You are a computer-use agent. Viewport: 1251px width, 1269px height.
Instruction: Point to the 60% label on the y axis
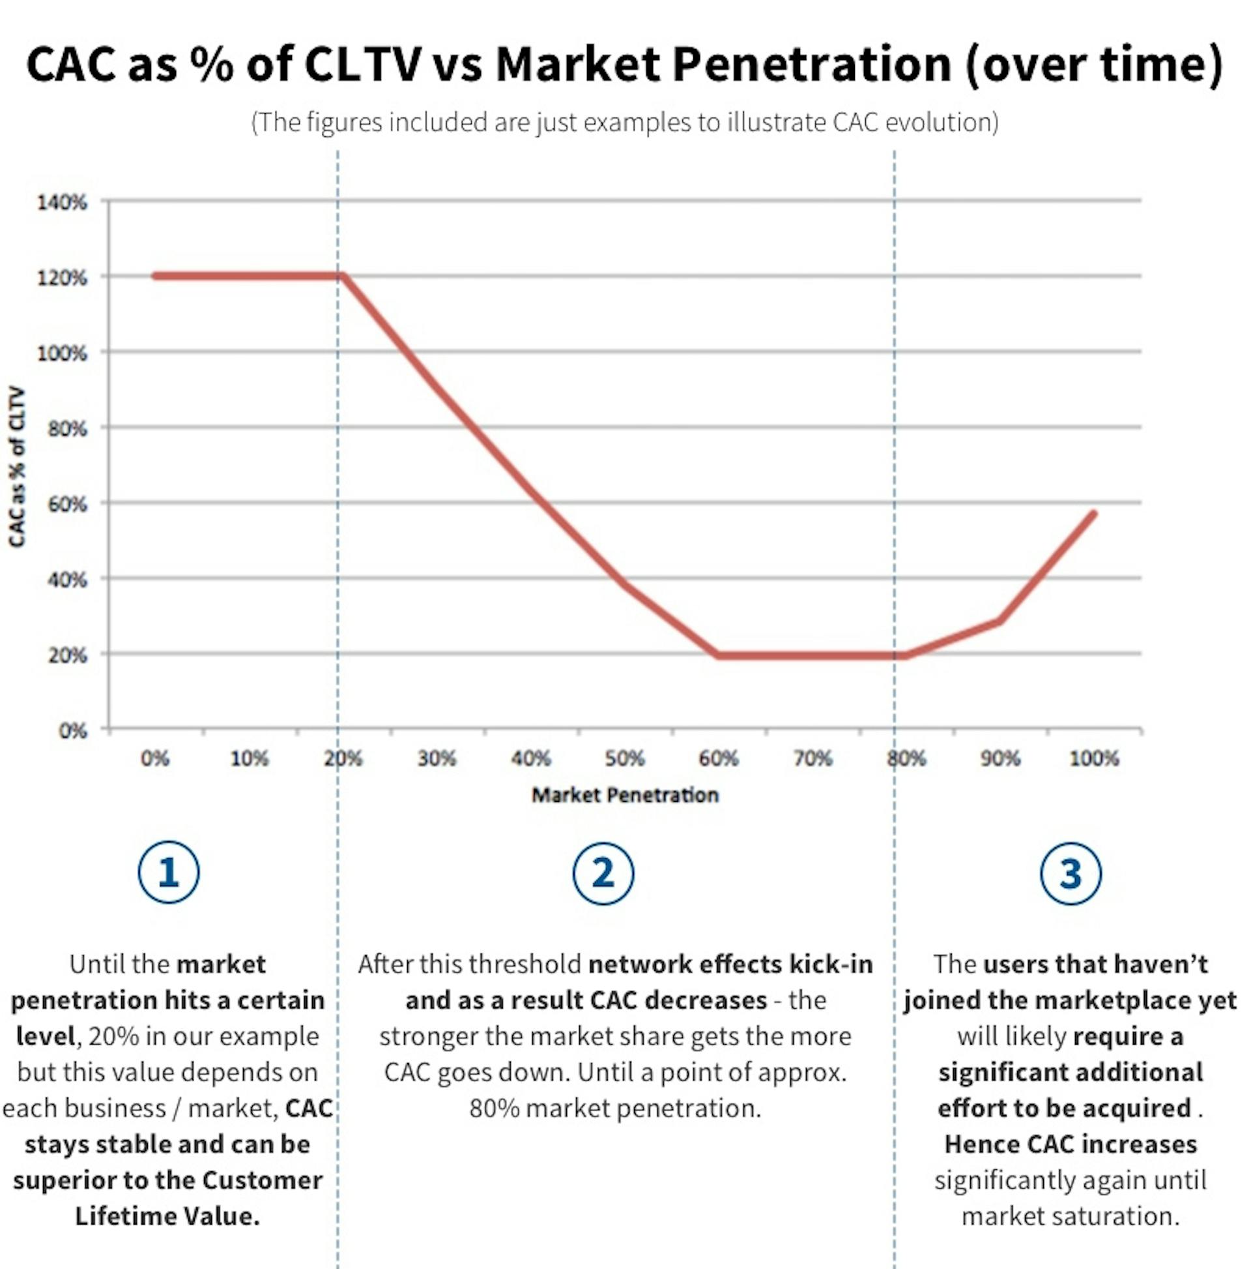[68, 504]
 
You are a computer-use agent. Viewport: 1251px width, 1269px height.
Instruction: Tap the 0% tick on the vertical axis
[73, 730]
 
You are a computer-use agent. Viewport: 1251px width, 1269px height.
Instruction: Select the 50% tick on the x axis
[624, 758]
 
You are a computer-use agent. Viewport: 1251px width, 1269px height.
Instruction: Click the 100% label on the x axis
[1093, 758]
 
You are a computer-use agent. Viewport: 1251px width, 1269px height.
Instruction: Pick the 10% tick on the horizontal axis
[250, 758]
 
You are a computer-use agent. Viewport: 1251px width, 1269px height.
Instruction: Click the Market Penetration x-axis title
[624, 795]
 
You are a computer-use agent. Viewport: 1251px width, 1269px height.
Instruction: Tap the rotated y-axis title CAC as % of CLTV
[16, 466]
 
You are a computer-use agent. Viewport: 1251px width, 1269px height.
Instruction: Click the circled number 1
[169, 873]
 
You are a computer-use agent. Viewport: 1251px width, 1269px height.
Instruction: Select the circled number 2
[603, 874]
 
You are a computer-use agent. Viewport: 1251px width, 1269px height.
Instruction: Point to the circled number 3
[1070, 874]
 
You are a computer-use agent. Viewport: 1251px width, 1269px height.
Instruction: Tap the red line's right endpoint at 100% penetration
[1093, 514]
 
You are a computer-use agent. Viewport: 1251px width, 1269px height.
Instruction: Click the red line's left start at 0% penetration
[156, 276]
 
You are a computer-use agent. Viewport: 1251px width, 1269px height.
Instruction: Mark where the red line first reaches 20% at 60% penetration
[718, 655]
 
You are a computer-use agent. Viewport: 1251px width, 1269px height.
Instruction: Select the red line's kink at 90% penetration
[999, 621]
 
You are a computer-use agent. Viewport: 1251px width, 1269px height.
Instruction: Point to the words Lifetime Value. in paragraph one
[167, 1215]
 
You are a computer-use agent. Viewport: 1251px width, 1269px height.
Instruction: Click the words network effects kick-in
[730, 964]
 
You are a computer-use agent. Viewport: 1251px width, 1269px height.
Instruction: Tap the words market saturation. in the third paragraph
[1070, 1215]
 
